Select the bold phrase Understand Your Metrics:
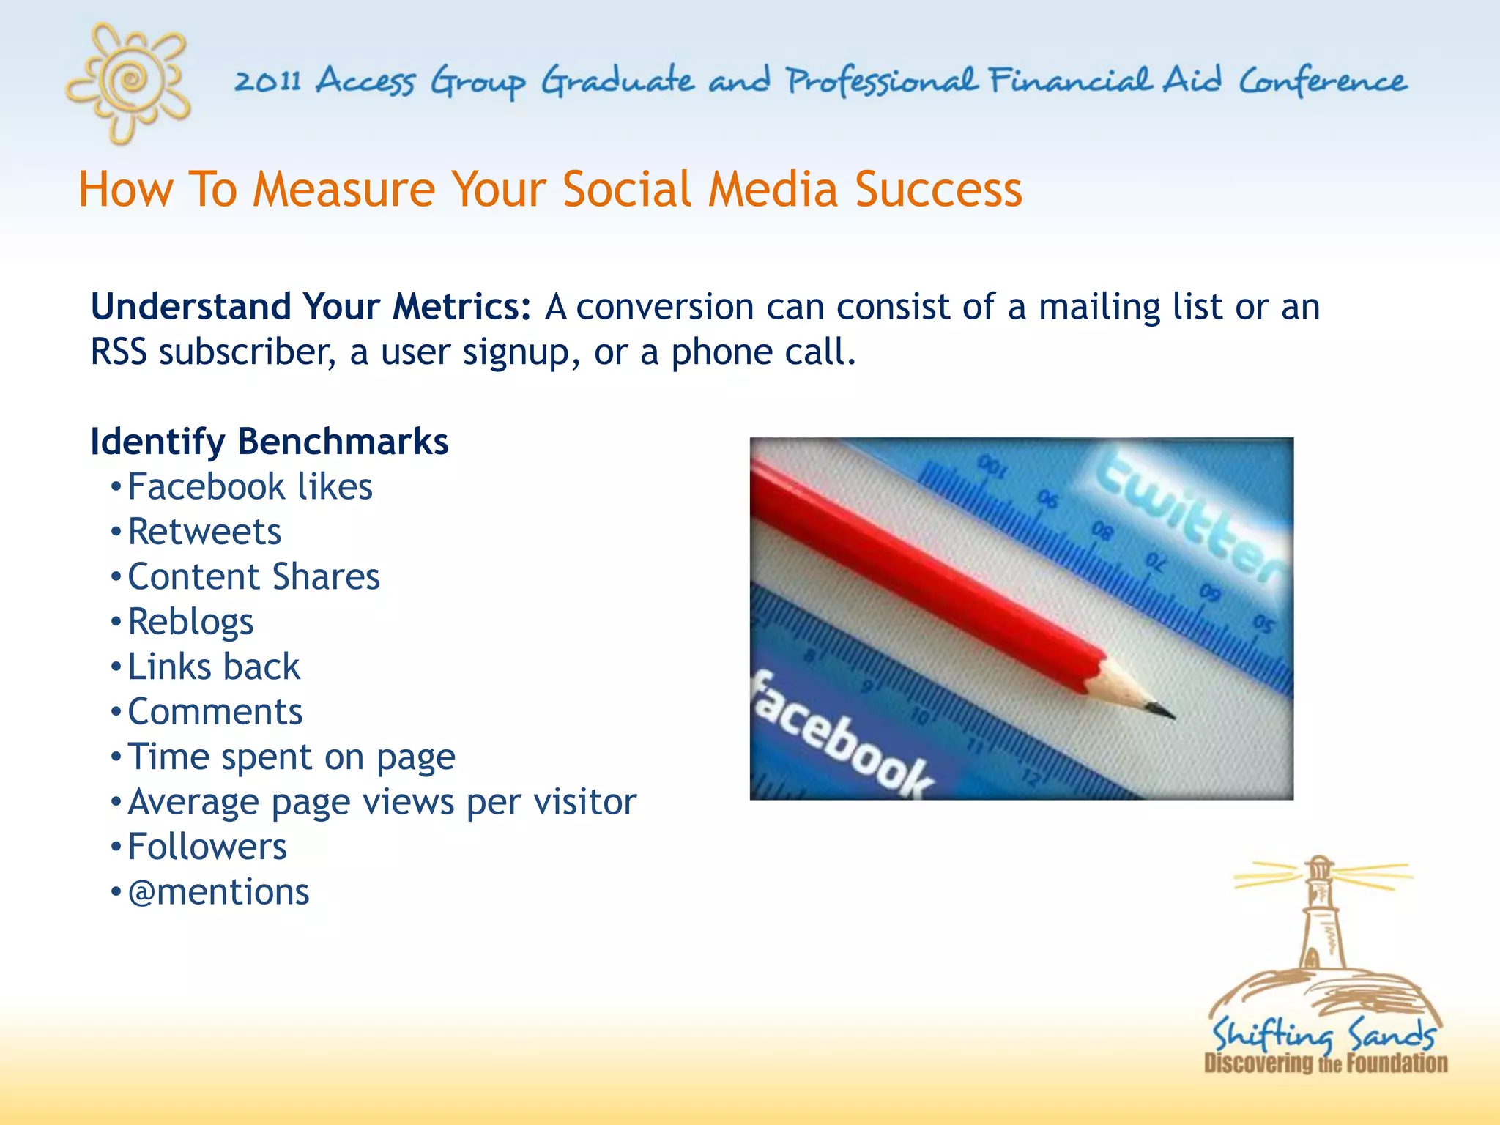point(311,306)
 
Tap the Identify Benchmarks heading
point(269,442)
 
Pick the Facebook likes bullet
point(250,487)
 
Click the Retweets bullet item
point(204,532)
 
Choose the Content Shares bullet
point(253,577)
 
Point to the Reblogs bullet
point(190,622)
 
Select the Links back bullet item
point(214,667)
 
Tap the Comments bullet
point(215,712)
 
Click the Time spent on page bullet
point(291,757)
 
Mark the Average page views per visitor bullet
point(382,802)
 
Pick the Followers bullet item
point(207,847)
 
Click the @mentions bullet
point(218,892)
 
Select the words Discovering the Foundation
point(1326,1063)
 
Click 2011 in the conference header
point(268,81)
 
